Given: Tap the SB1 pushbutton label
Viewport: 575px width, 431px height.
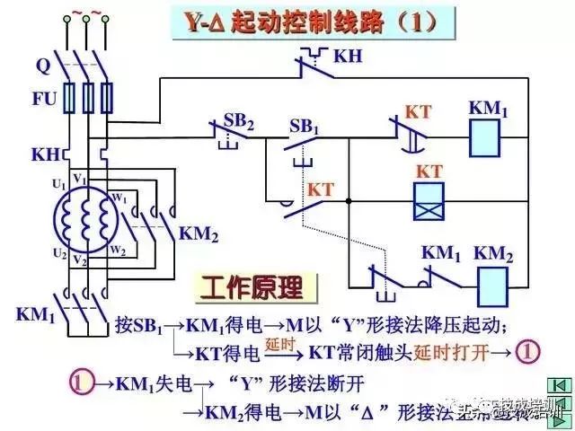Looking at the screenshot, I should [305, 126].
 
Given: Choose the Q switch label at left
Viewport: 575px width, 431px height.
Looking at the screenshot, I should [42, 66].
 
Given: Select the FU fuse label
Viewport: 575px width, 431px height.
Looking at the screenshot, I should [45, 99].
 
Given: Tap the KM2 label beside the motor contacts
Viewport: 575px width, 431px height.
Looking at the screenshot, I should [199, 233].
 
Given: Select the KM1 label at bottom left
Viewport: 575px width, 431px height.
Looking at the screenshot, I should [36, 314].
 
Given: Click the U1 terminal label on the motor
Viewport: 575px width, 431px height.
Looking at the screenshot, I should [58, 184].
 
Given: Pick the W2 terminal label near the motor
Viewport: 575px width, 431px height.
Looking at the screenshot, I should [119, 250].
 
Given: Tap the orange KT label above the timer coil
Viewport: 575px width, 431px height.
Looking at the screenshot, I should [429, 171].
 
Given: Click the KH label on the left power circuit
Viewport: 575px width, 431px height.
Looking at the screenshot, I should [45, 154].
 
